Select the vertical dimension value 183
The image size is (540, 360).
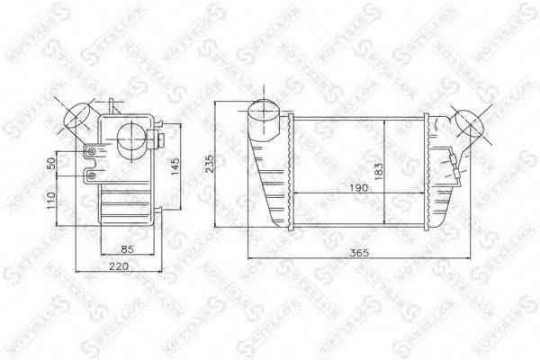[381, 168]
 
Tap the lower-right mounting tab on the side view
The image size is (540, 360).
[158, 211]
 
